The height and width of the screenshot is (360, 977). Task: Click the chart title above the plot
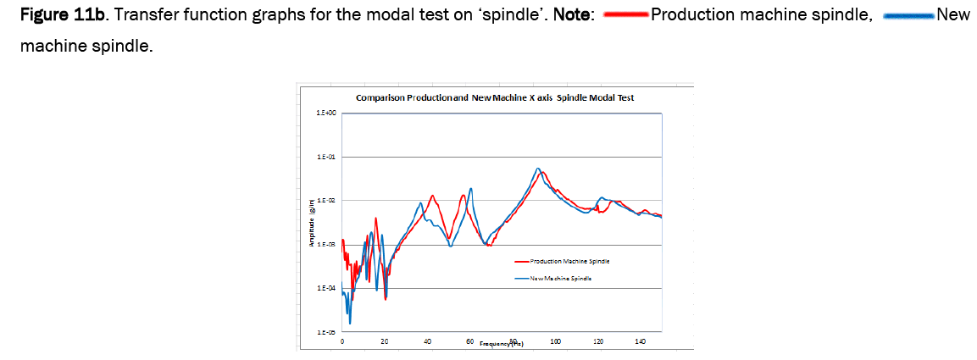click(494, 98)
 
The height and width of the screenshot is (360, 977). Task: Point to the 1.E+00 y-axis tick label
click(326, 113)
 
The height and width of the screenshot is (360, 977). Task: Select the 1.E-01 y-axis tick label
click(326, 158)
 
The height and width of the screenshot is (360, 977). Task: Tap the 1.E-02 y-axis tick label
click(326, 201)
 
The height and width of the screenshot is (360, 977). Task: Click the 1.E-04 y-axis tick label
click(326, 289)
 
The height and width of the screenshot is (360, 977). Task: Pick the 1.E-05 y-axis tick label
click(326, 333)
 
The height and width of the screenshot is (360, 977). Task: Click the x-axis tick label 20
click(385, 341)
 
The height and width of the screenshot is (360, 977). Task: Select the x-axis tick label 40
click(427, 341)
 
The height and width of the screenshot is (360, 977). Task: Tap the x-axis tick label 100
click(555, 341)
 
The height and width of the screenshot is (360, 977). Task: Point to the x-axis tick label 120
click(597, 341)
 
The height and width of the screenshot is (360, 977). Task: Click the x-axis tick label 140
click(640, 341)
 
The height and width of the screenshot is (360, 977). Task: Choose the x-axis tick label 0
click(342, 341)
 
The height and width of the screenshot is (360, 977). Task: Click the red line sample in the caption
click(624, 15)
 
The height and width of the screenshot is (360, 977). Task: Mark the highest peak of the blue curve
click(537, 169)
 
